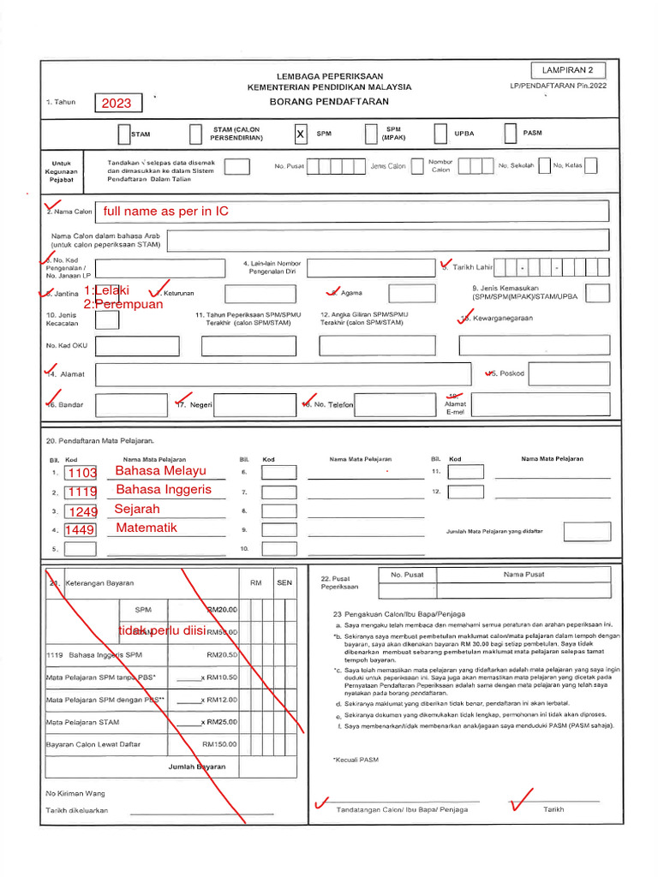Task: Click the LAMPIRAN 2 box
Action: point(568,70)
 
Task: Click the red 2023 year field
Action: point(117,104)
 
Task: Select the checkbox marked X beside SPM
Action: point(300,134)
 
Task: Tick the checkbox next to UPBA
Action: point(440,134)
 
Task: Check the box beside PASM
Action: point(510,134)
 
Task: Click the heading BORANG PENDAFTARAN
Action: point(329,101)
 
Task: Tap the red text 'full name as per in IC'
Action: point(165,212)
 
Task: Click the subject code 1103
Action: point(82,473)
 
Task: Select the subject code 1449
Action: point(80,530)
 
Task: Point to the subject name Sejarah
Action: point(137,510)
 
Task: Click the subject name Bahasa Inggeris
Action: point(163,491)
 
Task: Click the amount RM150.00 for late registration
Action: point(219,744)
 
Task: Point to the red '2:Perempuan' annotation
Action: point(123,304)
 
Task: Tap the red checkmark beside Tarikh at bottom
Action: point(520,803)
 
